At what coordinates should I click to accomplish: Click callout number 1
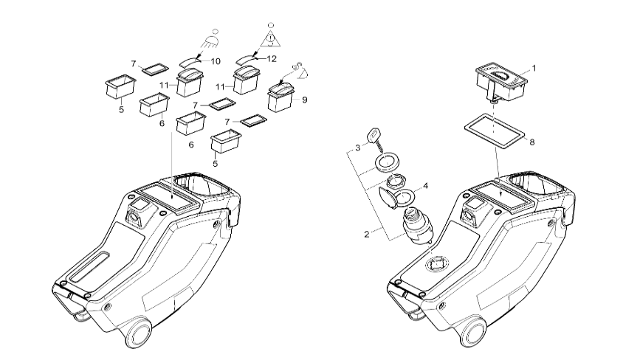(534, 68)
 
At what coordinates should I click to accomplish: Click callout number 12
(271, 58)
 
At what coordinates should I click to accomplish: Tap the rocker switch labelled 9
(281, 97)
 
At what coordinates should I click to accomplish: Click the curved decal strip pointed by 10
(192, 62)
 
